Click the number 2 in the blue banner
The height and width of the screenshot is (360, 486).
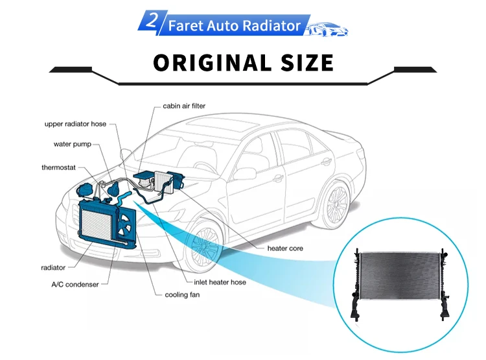pos(153,22)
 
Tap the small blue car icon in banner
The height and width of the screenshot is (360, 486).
pos(327,28)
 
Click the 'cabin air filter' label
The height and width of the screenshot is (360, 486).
pos(184,106)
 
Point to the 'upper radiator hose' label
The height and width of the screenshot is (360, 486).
pos(75,124)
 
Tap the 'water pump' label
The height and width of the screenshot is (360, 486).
pos(72,144)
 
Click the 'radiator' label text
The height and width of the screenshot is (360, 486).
pos(53,267)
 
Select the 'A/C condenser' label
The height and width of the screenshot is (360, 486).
pos(76,283)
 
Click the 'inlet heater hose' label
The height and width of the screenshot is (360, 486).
pos(220,282)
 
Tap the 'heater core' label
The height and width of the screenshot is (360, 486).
pos(285,248)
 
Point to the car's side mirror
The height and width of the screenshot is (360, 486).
pos(245,173)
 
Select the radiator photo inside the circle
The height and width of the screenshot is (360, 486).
pos(400,281)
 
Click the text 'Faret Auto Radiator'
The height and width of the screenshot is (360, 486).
pos(234,26)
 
